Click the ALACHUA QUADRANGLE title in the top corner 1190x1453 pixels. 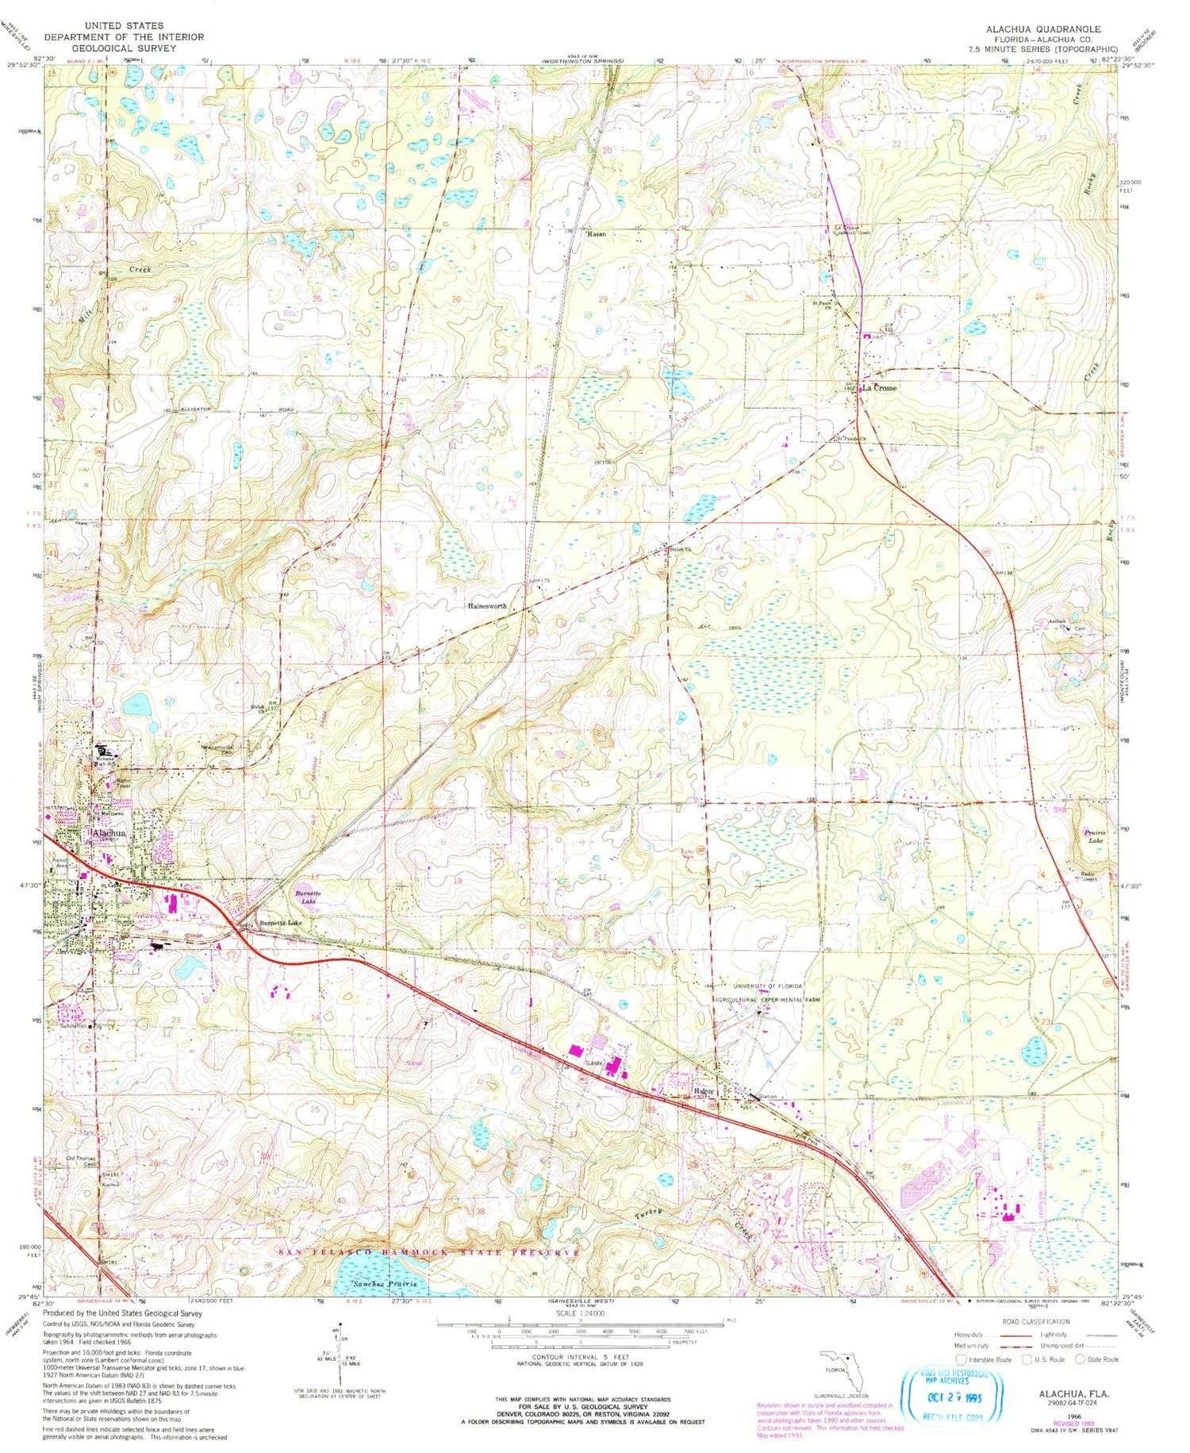click(1042, 29)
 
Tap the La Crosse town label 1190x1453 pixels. click(880, 388)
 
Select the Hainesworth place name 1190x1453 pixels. click(487, 606)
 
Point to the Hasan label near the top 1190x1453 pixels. click(596, 234)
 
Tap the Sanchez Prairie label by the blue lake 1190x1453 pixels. click(384, 1283)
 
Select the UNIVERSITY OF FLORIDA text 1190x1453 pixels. click(758, 986)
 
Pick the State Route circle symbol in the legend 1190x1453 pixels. click(1080, 1359)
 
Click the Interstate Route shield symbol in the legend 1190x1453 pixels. click(962, 1359)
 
